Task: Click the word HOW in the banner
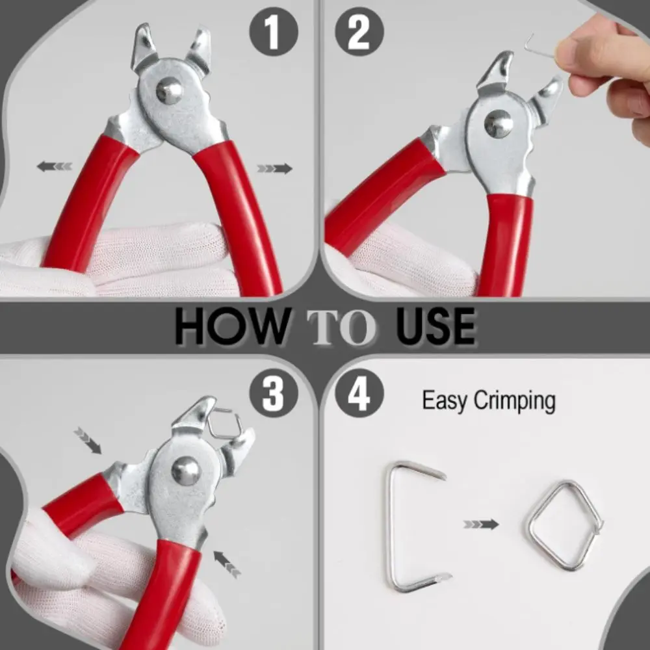tap(231, 327)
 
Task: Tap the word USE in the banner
tap(434, 327)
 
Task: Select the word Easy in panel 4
tap(445, 401)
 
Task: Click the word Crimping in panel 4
tap(514, 401)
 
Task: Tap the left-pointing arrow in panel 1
tap(54, 167)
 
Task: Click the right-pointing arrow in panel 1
tap(274, 168)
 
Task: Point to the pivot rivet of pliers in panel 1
tap(169, 90)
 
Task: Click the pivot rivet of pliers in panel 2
tap(499, 123)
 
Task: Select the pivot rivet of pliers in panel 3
tap(186, 471)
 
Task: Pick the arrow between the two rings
tap(481, 524)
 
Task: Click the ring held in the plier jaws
tap(224, 424)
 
